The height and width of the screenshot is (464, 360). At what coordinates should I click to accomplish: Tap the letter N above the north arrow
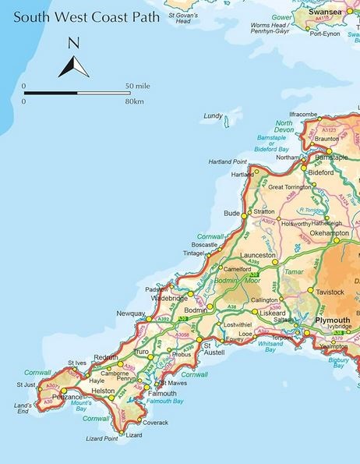pyautogui.click(x=73, y=43)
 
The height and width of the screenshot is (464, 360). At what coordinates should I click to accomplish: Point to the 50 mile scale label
pyautogui.click(x=137, y=85)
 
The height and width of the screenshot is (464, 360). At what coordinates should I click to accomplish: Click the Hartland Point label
pyautogui.click(x=228, y=161)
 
